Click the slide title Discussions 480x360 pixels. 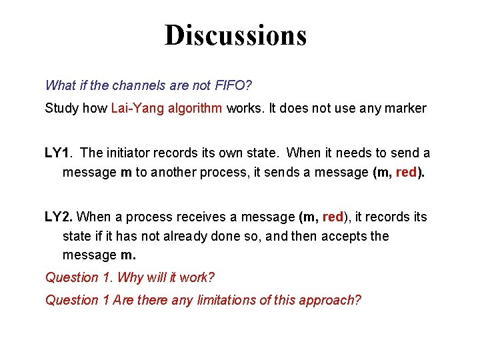coord(236,35)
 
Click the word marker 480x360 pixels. coord(405,108)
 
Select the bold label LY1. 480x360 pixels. coord(58,153)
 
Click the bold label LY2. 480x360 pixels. coord(59,217)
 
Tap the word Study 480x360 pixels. coord(61,108)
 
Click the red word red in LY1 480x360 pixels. coord(407,173)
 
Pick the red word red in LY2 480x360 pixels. coord(333,217)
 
